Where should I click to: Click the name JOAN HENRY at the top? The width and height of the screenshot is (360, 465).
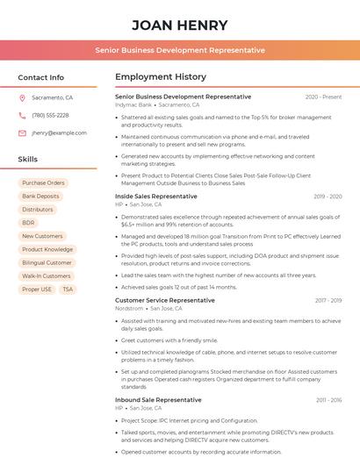(179, 25)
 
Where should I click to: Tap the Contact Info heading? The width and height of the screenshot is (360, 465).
(40, 77)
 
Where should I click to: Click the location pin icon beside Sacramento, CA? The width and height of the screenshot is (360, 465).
(22, 98)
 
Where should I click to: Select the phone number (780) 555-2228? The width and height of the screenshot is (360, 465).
(50, 115)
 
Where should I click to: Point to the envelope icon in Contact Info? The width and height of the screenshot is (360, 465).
(22, 132)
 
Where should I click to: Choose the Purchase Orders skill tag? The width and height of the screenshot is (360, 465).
(43, 183)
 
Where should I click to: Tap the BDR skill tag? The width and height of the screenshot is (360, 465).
(28, 223)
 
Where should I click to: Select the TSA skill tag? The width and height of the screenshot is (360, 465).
(68, 290)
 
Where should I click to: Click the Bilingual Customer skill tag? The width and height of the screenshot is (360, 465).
(47, 262)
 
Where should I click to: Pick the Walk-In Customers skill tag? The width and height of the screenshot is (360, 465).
(46, 275)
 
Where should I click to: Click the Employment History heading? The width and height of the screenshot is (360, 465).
(160, 77)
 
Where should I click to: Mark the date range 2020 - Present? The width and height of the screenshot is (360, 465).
(323, 97)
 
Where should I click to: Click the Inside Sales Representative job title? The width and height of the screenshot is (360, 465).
(156, 197)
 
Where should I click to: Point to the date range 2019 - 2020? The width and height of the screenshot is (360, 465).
(327, 197)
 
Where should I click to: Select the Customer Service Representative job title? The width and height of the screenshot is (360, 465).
(164, 300)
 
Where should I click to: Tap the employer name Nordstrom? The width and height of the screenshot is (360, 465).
(129, 309)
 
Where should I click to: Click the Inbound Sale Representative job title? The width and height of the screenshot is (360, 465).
(158, 399)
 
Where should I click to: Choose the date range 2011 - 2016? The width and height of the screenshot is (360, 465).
(328, 400)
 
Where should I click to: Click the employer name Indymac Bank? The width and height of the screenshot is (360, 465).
(133, 104)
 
